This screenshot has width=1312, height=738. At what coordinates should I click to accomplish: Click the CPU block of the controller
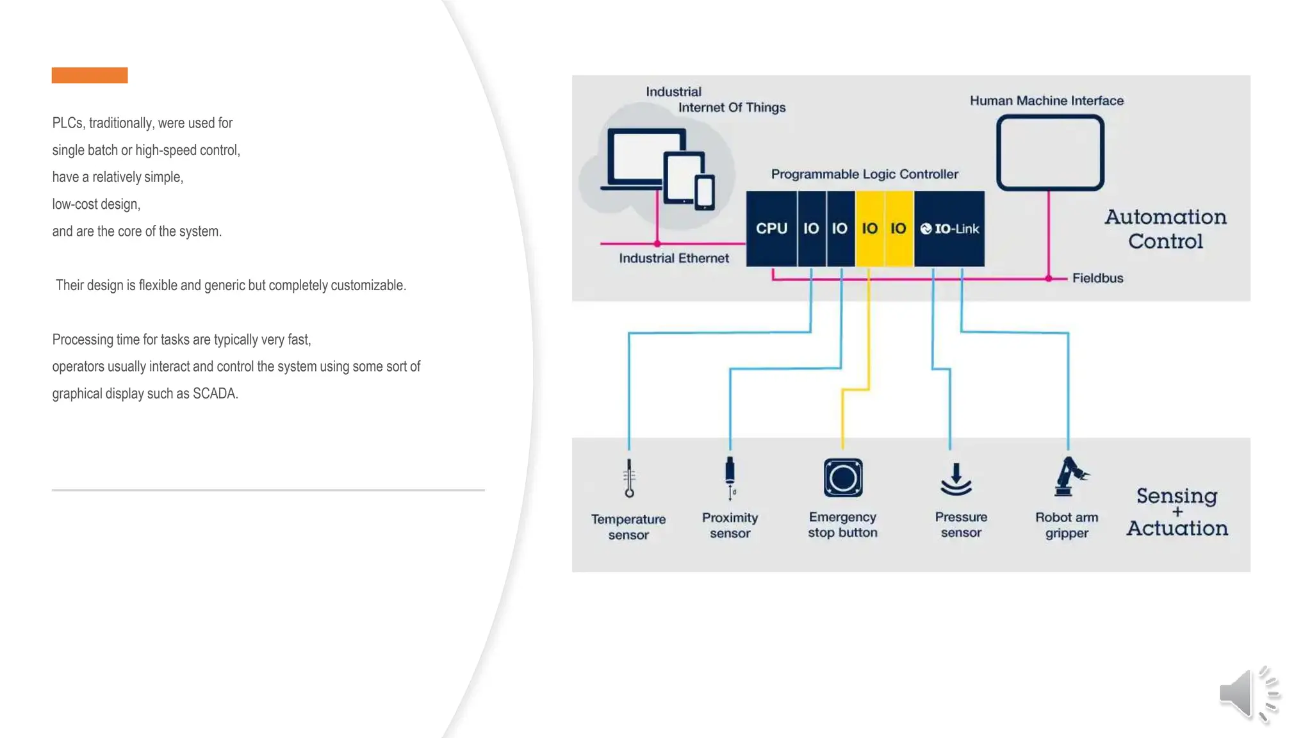pos(771,229)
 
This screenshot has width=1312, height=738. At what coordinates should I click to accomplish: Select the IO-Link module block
pos(949,229)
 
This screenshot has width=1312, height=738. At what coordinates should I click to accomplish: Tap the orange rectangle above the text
pos(90,75)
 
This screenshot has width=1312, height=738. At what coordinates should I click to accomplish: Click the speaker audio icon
pos(1248,694)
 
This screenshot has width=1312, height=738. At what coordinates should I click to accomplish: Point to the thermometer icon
pos(629,478)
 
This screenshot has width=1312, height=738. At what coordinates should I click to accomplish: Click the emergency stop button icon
pos(843,478)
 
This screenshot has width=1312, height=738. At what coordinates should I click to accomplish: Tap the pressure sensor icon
pos(956,479)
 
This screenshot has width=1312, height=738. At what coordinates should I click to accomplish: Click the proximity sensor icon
pos(730,477)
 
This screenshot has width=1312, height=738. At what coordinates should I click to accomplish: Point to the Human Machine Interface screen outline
pos(1050,152)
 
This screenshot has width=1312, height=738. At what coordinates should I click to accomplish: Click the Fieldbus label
pos(1097,278)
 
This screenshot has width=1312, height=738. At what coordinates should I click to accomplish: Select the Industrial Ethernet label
pos(673,258)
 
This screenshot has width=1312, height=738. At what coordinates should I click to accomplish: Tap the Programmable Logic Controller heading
pos(864,174)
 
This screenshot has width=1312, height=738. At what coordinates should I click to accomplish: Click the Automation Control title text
pos(1165,229)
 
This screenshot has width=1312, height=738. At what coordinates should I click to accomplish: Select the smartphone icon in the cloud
pos(705,192)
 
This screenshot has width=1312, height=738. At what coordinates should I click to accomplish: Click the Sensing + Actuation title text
pos(1177,511)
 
